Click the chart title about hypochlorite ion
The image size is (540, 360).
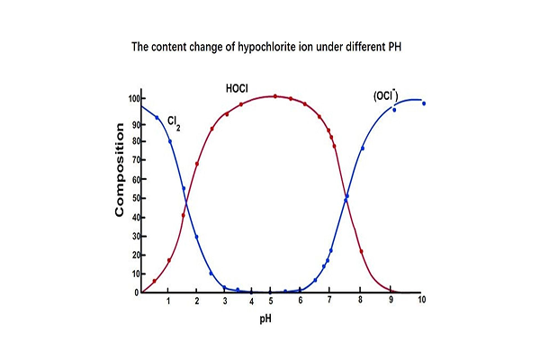click(x=270, y=46)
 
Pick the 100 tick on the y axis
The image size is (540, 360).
click(x=132, y=97)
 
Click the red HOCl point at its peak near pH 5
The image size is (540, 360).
click(x=274, y=96)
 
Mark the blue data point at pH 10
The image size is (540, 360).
click(x=424, y=103)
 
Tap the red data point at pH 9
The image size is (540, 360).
click(x=390, y=289)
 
